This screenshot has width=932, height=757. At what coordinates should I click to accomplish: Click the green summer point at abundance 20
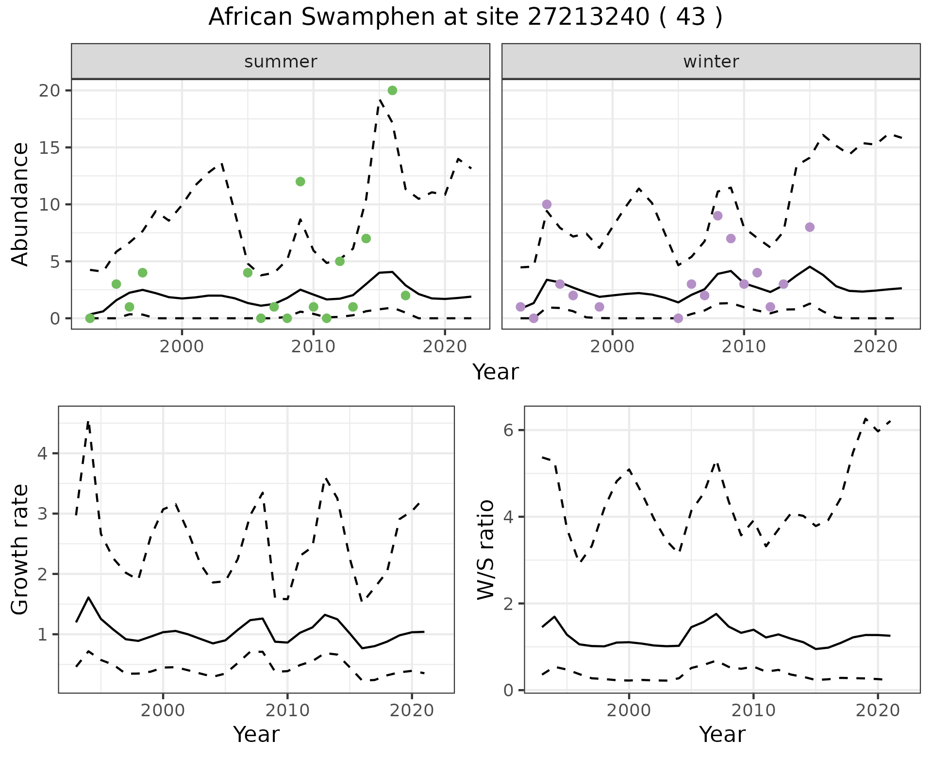tap(392, 90)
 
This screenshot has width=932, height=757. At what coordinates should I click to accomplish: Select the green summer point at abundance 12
tap(300, 181)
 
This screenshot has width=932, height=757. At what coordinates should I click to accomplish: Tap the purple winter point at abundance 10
tap(547, 204)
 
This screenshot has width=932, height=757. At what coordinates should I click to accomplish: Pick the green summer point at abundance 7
tap(366, 238)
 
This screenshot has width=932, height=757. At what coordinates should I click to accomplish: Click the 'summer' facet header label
tap(281, 62)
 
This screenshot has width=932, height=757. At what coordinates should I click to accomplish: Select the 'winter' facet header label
tap(711, 62)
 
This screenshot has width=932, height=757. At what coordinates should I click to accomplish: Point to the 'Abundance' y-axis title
tap(20, 204)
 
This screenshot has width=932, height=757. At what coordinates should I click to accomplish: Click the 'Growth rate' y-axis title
tap(20, 550)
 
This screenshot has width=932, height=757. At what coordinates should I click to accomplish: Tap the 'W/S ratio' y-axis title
tap(485, 550)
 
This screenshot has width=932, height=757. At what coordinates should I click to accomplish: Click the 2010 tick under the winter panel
tap(743, 346)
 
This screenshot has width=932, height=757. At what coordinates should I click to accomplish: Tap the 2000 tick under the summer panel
tap(182, 346)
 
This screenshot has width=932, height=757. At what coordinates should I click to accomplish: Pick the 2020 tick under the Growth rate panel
tap(412, 710)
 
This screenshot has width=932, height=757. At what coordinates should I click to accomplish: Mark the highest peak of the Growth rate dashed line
tap(88, 422)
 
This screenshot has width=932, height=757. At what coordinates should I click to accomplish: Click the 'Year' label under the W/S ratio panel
tap(722, 734)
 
